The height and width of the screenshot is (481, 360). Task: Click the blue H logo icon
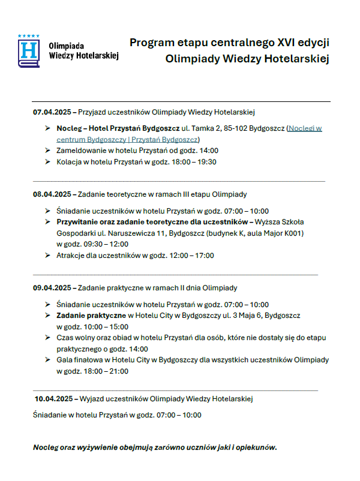pyautogui.click(x=28, y=50)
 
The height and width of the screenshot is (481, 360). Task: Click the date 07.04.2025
pyautogui.click(x=52, y=112)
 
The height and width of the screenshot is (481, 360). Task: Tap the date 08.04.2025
pyautogui.click(x=52, y=194)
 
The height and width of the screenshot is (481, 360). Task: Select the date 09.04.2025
pyautogui.click(x=52, y=288)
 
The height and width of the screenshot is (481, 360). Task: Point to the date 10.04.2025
pyautogui.click(x=54, y=398)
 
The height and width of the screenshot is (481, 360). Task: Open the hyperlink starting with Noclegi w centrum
pyautogui.click(x=304, y=128)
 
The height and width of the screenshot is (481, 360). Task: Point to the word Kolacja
pyautogui.click(x=70, y=162)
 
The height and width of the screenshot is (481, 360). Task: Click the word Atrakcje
pyautogui.click(x=71, y=255)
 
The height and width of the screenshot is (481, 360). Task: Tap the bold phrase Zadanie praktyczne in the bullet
pyautogui.click(x=91, y=315)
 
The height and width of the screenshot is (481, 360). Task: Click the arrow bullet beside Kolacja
pyautogui.click(x=47, y=162)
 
